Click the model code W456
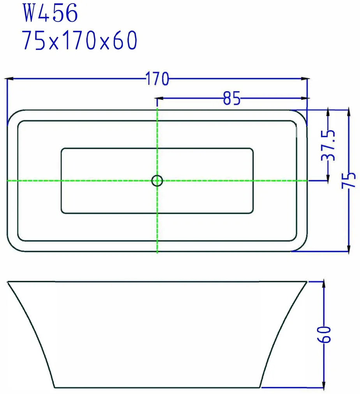click(51, 14)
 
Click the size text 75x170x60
click(80, 40)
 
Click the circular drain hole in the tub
click(157, 181)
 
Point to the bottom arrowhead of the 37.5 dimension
click(328, 177)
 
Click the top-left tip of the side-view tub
click(8, 281)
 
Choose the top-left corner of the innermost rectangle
click(62, 149)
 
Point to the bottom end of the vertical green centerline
click(157, 253)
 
